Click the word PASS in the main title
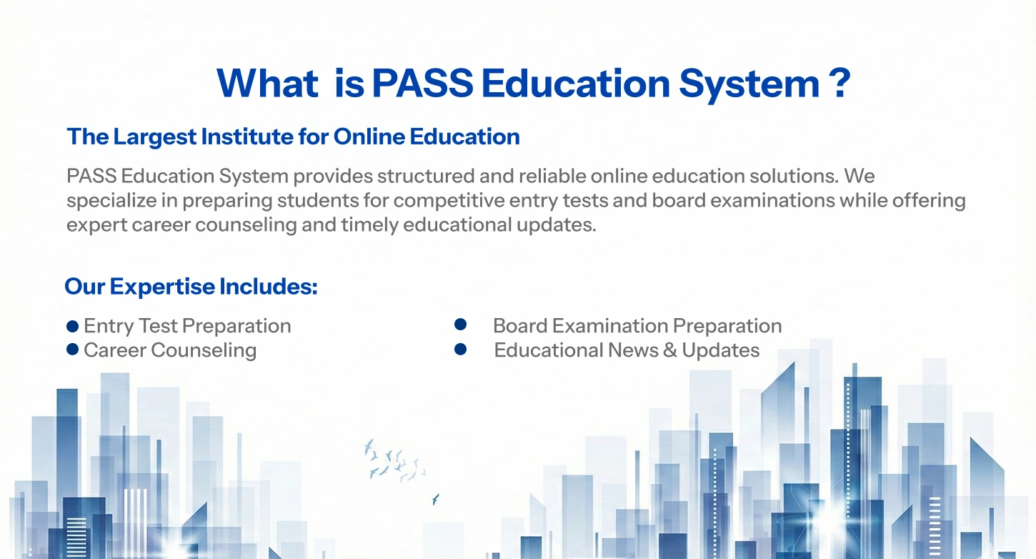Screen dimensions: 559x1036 422,84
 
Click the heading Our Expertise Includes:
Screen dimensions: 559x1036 191,287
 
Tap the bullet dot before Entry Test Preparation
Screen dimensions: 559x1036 72,327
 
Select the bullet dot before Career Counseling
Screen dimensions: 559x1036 72,350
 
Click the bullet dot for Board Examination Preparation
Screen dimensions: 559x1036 460,325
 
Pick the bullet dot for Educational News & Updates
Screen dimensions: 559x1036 460,350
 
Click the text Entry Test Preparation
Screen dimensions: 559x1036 187,326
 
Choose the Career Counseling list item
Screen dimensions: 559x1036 170,350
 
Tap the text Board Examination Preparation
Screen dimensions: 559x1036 637,326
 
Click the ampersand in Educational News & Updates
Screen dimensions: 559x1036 669,350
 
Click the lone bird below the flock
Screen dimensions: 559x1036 435,498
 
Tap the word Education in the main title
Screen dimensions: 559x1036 576,84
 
